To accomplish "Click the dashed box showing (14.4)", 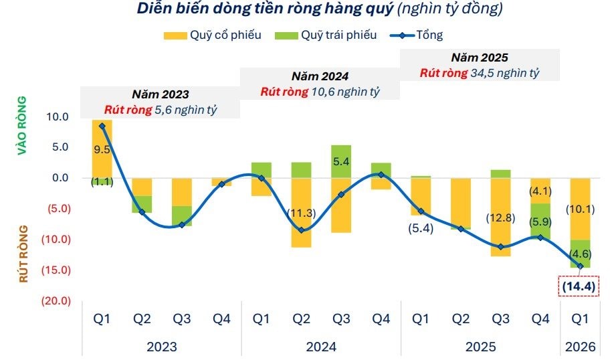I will [x=579, y=286].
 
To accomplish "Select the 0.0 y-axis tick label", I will [x=59, y=177].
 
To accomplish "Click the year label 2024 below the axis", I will [x=321, y=347].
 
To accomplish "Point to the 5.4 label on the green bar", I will [x=341, y=161].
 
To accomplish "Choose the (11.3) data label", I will [x=302, y=213].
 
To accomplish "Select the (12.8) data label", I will [x=500, y=218].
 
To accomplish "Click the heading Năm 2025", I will [x=479, y=58].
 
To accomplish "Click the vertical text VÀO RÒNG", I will [x=23, y=126].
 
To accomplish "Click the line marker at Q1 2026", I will [x=580, y=266].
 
